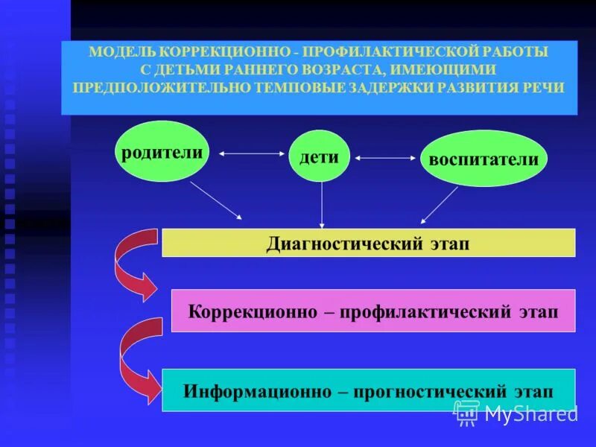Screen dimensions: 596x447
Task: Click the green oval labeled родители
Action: (x=162, y=151)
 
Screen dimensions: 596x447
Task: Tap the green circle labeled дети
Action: (x=320, y=156)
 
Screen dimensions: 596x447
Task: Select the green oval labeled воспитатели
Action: (x=484, y=158)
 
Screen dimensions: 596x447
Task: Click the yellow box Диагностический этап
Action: (x=369, y=243)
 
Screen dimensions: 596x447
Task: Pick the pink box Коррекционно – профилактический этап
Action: (x=373, y=311)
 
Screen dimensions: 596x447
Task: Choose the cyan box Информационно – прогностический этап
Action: (x=369, y=390)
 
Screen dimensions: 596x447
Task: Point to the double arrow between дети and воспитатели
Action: (x=385, y=158)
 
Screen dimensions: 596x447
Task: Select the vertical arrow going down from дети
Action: (x=322, y=204)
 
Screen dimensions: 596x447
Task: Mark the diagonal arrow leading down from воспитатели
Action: (x=440, y=205)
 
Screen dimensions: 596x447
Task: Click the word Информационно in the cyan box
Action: (x=249, y=390)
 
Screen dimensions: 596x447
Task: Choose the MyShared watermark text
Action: (x=530, y=413)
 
